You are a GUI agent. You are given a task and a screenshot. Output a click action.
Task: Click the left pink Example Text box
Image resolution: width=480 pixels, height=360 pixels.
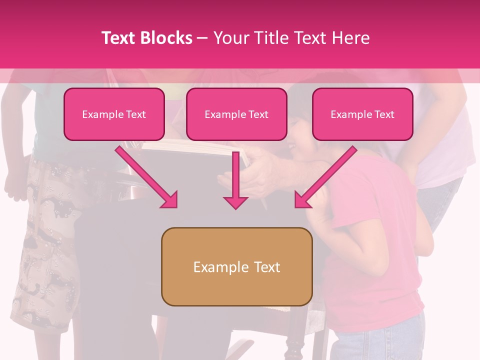[114, 114]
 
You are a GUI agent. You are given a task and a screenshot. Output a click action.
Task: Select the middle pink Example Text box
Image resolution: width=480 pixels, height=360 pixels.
[236, 114]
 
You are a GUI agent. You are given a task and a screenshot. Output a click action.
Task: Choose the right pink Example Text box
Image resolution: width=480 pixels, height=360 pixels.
[362, 114]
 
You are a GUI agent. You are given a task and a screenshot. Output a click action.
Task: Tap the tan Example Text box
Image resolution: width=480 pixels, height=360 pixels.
[236, 266]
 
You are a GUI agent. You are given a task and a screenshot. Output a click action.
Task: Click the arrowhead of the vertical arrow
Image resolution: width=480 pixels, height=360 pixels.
[235, 202]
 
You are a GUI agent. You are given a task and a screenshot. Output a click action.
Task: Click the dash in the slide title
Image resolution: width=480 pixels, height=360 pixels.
[203, 38]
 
